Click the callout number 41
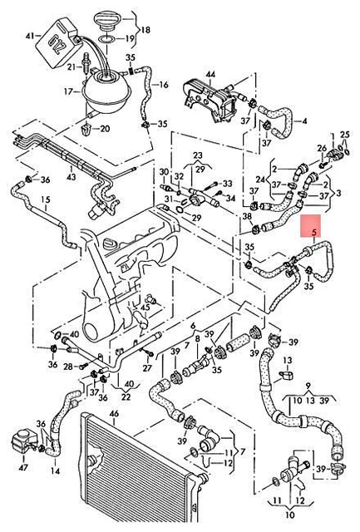(x=30, y=35)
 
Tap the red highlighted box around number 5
(x=312, y=226)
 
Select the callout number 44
(x=210, y=74)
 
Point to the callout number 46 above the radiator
(x=115, y=414)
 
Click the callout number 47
(x=22, y=467)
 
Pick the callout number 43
(x=72, y=177)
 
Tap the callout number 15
(x=45, y=199)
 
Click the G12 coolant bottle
(x=58, y=43)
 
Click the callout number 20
(x=105, y=129)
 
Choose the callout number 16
(x=164, y=85)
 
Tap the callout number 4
(x=304, y=121)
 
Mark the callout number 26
(x=322, y=148)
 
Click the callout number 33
(x=227, y=184)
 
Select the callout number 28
(x=68, y=367)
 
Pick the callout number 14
(x=56, y=471)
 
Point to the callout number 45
(x=145, y=308)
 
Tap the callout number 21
(x=72, y=67)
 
